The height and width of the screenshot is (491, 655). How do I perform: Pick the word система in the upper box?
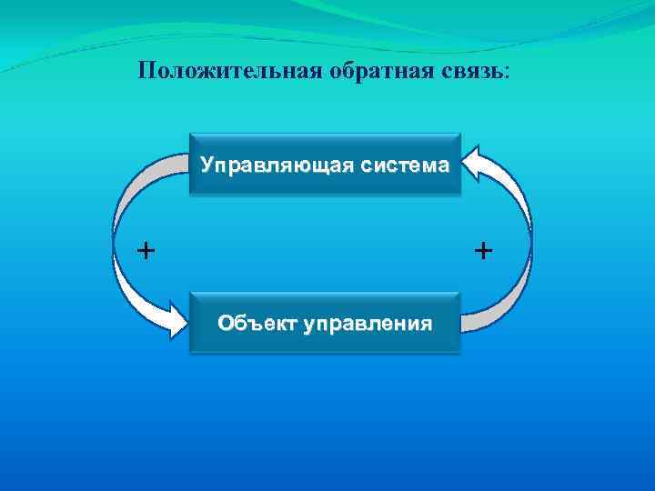pos(405,166)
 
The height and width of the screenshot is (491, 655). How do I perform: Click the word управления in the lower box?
pos(368,323)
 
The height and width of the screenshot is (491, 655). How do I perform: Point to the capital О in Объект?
pos(226,323)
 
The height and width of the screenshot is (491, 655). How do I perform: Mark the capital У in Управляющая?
pos(207,166)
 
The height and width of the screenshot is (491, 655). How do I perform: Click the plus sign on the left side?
pos(145,249)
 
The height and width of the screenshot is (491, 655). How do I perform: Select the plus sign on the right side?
pos(483,249)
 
